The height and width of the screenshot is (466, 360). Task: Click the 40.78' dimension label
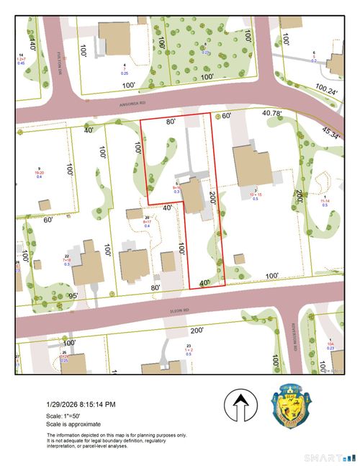272,112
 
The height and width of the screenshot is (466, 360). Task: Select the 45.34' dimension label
331,134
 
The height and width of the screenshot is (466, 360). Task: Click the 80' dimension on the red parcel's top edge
171,122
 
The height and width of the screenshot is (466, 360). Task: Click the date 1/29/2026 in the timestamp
66,405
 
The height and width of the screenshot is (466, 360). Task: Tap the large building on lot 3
252,164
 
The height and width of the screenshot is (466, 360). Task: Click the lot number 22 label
67,256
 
